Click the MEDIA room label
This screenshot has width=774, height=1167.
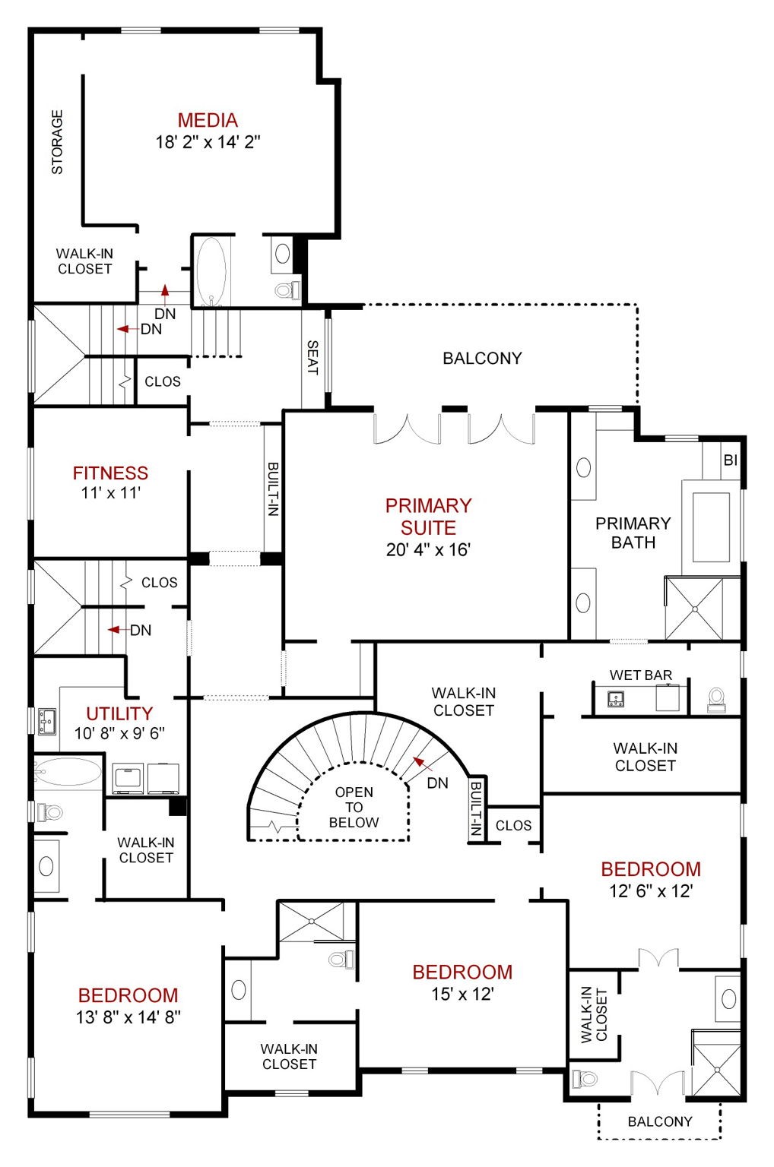pos(208,120)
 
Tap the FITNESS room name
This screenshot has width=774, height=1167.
pos(110,473)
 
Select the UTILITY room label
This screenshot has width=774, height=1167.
pos(119,713)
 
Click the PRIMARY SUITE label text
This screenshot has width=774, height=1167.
pos(428,517)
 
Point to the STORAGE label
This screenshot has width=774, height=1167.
pos(57,142)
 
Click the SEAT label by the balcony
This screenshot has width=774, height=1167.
pos(312,357)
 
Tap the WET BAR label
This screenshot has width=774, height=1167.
pos(641,675)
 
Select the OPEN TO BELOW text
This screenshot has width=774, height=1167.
pos(354,807)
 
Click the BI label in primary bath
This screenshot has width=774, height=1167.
pos(730,460)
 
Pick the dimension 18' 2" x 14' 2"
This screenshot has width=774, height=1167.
pos(208,142)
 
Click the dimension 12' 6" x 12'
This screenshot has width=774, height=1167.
pos(651,891)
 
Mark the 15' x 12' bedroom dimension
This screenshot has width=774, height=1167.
pos(462,994)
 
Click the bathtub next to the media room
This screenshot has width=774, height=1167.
pos(211,271)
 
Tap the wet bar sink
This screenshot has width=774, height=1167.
pos(617,698)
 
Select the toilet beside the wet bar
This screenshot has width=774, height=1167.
pos(716,700)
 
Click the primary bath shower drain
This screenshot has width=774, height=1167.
pos(695,609)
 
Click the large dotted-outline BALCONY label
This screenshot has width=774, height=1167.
pos(482,359)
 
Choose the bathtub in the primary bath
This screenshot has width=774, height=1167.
pos(711,527)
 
